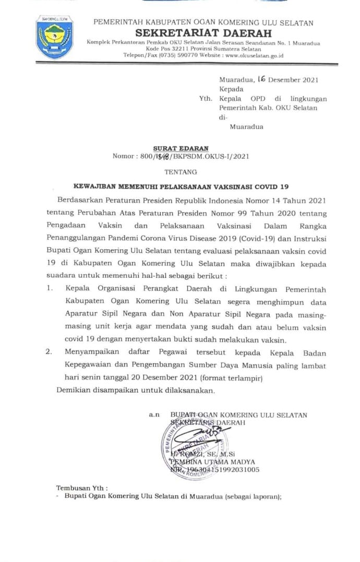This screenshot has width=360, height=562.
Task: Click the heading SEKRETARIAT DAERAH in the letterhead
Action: click(x=203, y=32)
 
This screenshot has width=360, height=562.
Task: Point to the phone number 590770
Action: click(x=197, y=55)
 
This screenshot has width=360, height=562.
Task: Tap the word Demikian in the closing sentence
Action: click(x=72, y=390)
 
